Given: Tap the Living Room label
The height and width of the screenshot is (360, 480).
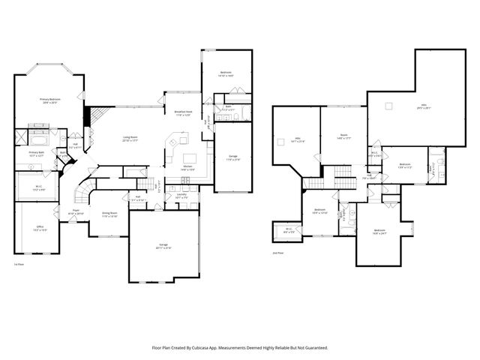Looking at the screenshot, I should click(130, 139).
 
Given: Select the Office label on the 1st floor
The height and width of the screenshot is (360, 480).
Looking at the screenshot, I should click(41, 228).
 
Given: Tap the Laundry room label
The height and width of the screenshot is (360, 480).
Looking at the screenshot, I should click(181, 196).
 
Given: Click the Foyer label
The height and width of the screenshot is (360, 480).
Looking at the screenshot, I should click(76, 212).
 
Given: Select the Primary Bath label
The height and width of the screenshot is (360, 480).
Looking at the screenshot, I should click(37, 154).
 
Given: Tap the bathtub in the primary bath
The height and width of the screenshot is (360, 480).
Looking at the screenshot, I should click(37, 139).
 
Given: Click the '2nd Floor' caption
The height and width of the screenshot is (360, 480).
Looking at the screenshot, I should click(278, 253).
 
